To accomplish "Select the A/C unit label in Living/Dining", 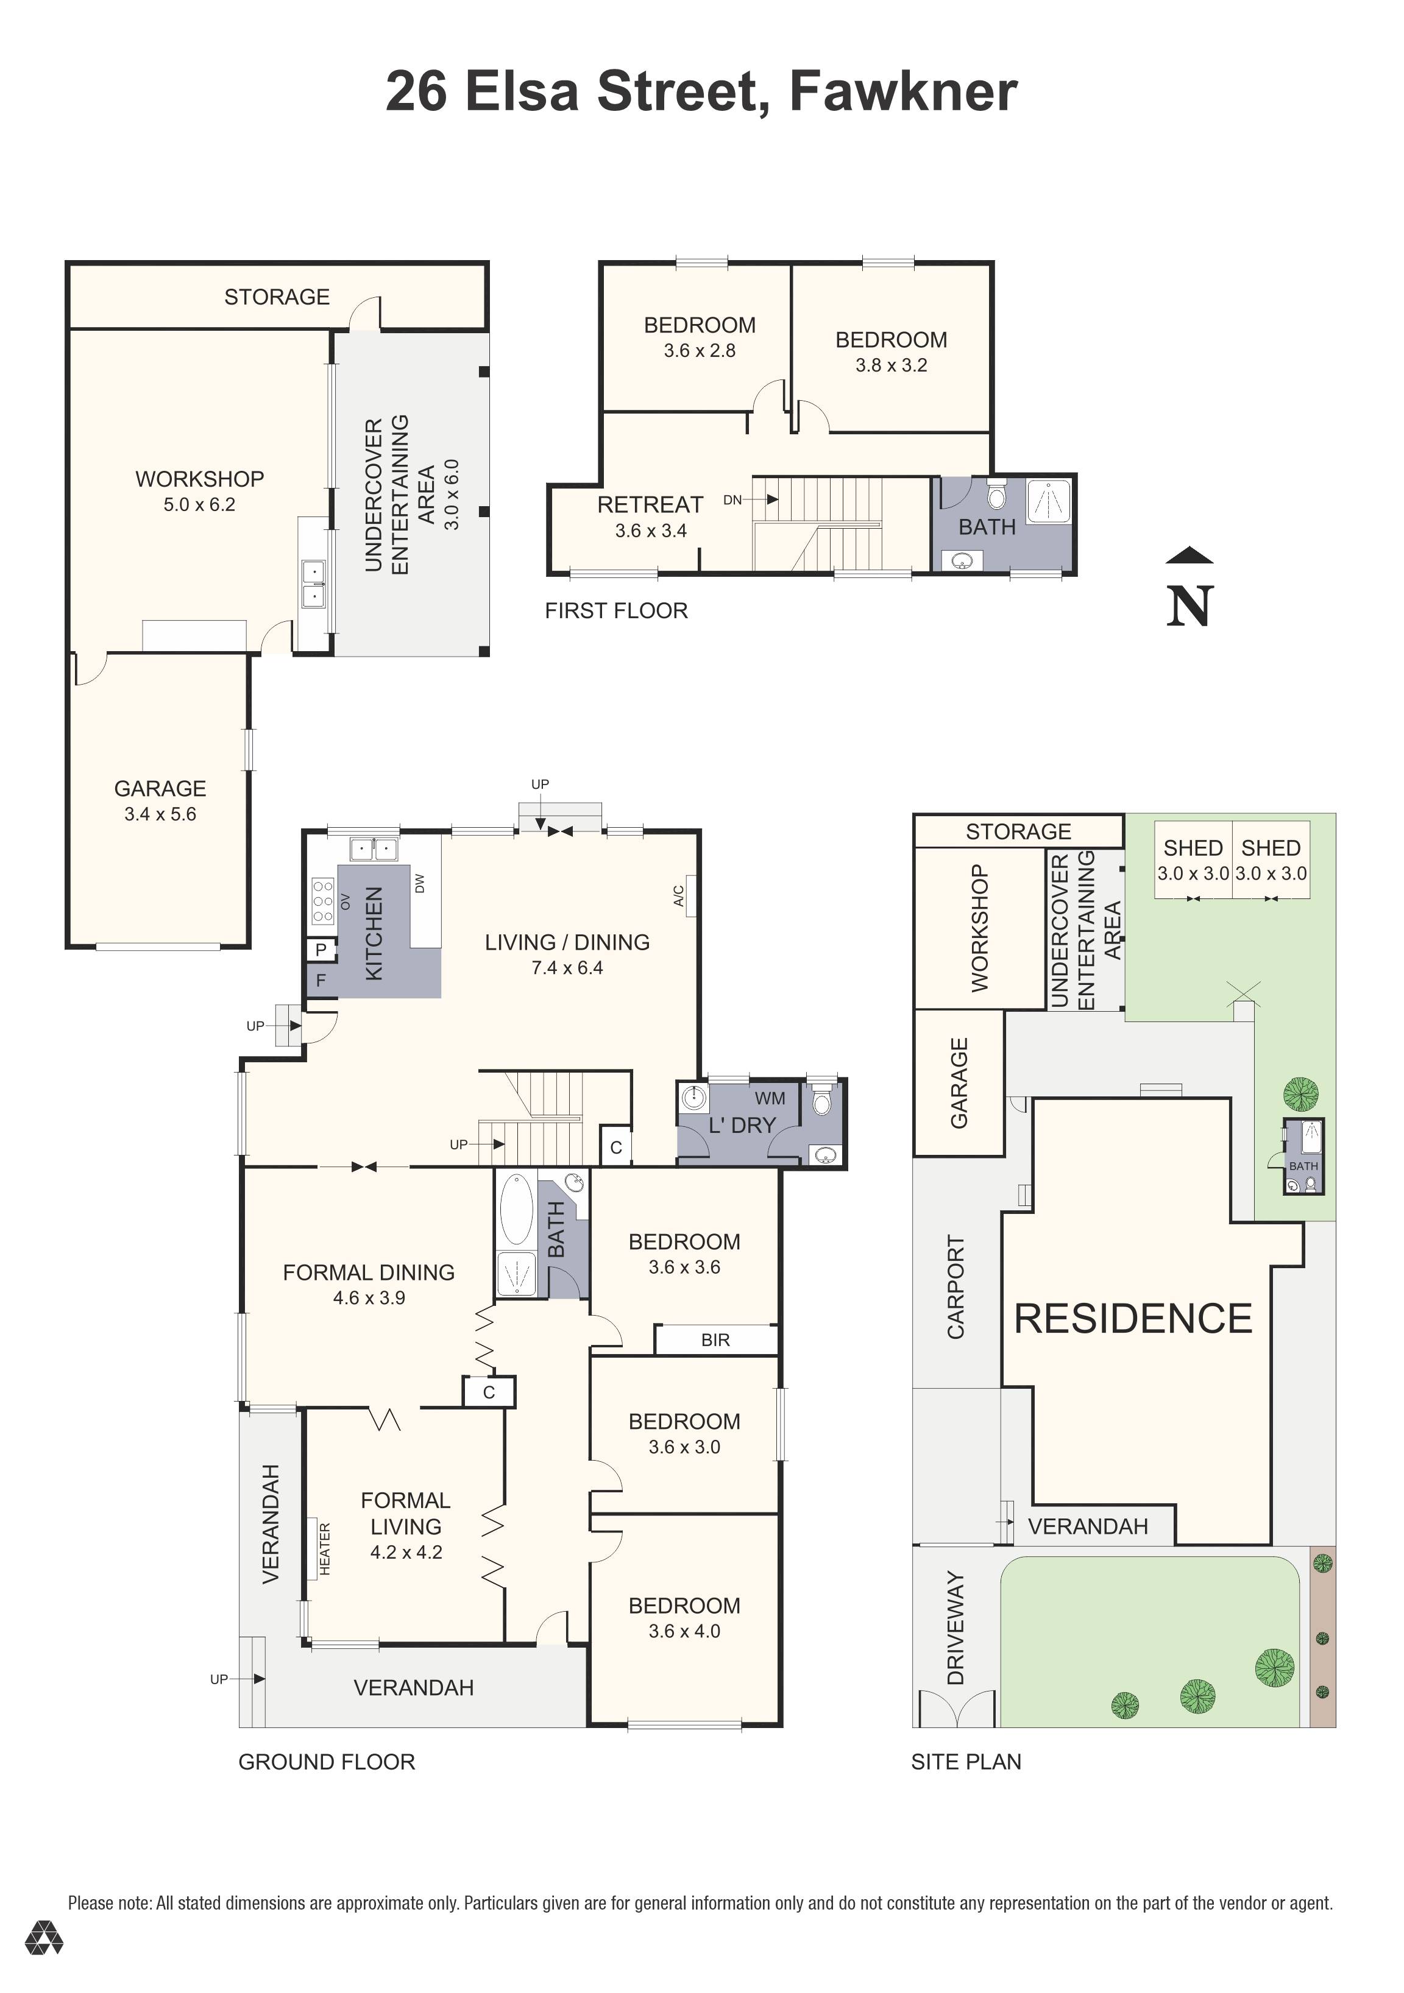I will coord(680,895).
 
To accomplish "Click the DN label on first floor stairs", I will coord(732,500).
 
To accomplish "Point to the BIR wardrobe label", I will coord(715,1340).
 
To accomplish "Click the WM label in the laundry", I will coord(769,1098).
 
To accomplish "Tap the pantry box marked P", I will coord(321,950).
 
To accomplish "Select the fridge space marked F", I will coord(321,981).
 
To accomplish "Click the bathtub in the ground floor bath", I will coord(515,1209).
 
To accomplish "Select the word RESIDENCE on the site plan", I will coord(1133,1319).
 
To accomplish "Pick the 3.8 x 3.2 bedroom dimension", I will coord(891,365).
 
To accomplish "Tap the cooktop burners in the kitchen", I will coord(322,900).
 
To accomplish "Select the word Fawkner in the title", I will coord(903,91).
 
